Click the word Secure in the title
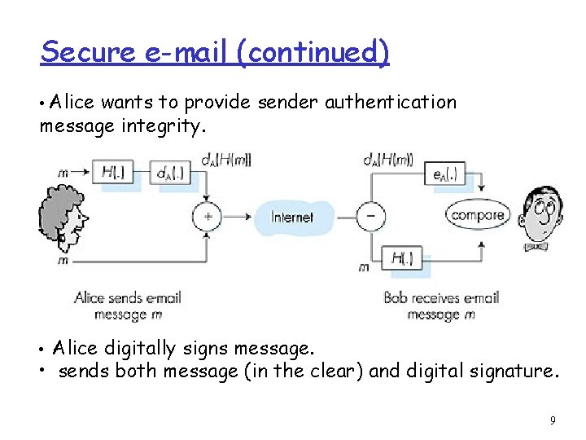coord(88,52)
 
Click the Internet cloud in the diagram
coord(292,217)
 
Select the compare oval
coord(478,215)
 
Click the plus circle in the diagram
coord(207,217)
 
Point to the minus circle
coord(371,217)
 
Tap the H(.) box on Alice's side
coord(120,173)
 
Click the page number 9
coord(553,420)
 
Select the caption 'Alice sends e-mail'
coord(127,298)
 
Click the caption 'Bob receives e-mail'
coord(441,298)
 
